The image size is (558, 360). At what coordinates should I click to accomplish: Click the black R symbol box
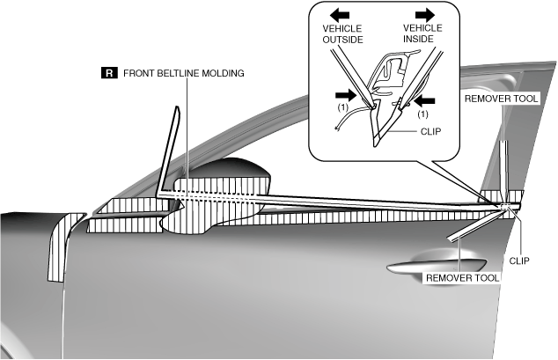[109, 73]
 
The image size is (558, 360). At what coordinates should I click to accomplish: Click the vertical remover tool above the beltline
[503, 167]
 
